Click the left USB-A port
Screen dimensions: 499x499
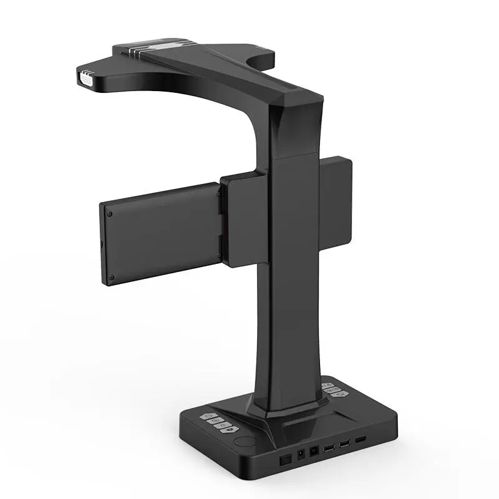pos(329,447)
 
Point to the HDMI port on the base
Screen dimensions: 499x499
pos(361,439)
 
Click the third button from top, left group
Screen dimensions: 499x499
pos(221,425)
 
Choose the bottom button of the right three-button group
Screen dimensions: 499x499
pos(339,394)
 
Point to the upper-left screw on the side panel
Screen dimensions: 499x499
pos(109,213)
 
